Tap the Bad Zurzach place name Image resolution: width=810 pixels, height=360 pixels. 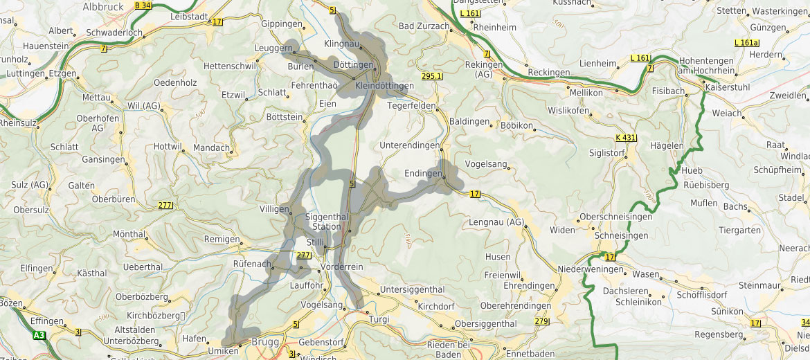point(424,26)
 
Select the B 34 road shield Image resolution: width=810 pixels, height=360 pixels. point(143,6)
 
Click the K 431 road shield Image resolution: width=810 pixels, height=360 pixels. point(625,138)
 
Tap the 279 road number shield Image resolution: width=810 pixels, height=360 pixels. point(541,321)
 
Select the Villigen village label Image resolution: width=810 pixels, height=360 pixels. point(274,208)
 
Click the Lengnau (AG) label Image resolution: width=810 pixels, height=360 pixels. point(497,222)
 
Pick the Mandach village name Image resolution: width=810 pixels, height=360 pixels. point(211,147)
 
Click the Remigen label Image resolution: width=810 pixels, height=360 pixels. point(221,239)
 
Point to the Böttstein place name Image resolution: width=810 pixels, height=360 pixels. point(284,117)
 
